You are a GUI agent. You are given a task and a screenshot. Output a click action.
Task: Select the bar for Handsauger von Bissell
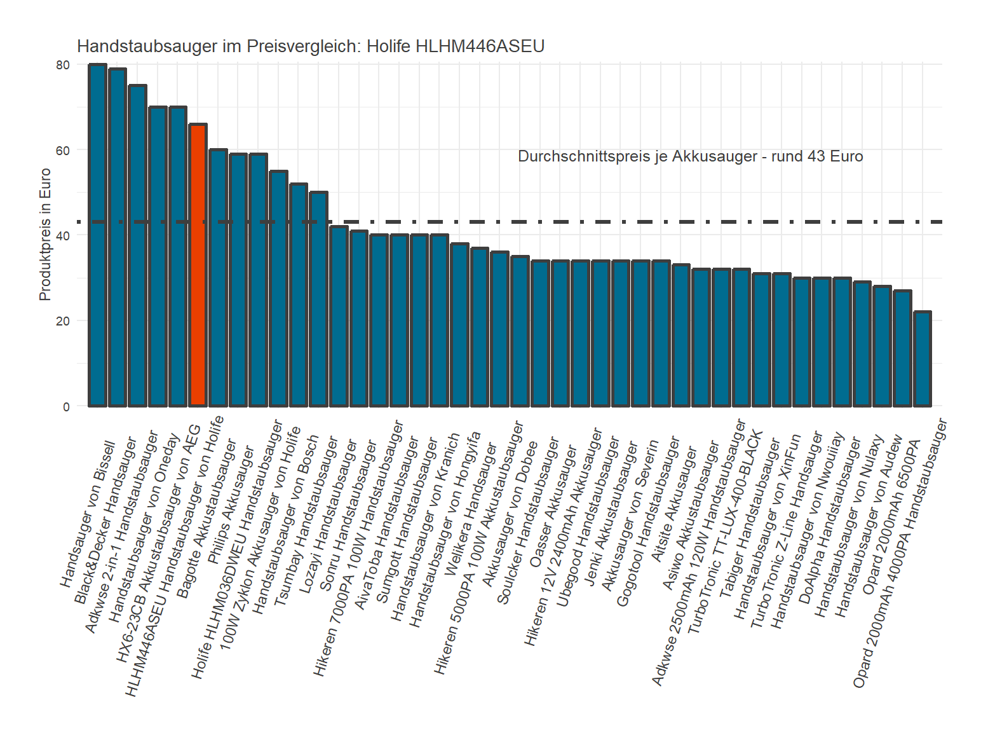[x=97, y=235]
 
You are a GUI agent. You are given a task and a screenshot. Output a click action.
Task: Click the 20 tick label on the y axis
[x=62, y=321]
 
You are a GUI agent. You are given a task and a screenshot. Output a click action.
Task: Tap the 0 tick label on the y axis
[x=66, y=407]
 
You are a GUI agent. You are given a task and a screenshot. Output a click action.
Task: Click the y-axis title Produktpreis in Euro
[x=44, y=235]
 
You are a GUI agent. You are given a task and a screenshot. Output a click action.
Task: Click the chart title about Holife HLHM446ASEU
[x=310, y=46]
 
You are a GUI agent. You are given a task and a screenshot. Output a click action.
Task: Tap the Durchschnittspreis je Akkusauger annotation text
[x=690, y=156]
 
